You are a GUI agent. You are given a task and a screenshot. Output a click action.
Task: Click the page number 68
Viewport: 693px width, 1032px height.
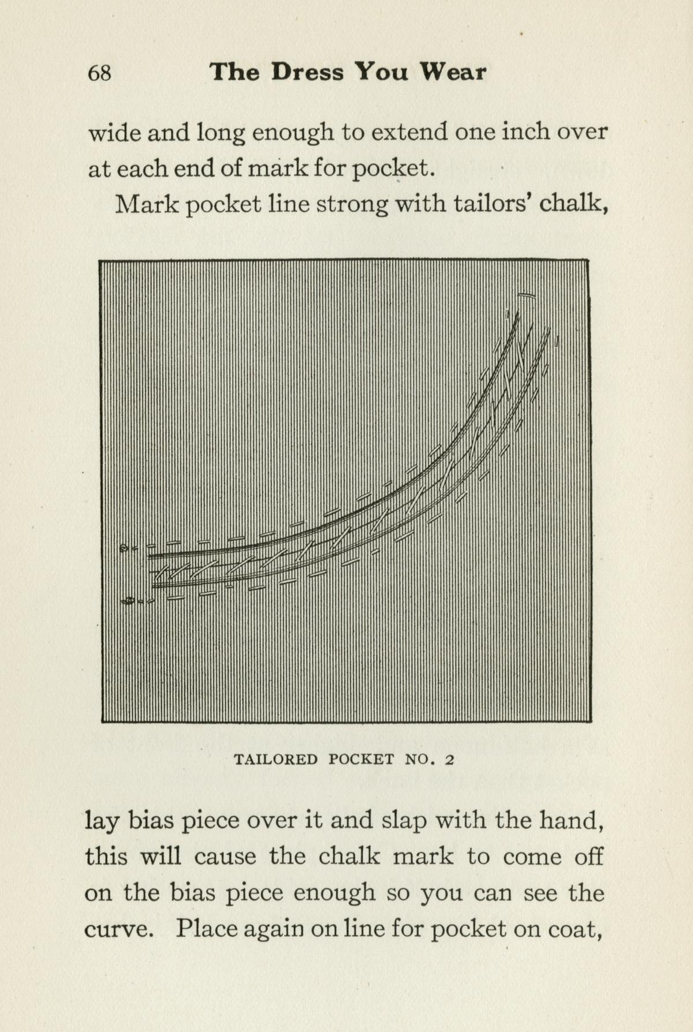[x=99, y=73]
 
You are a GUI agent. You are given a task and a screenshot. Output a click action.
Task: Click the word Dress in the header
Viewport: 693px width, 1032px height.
[x=307, y=72]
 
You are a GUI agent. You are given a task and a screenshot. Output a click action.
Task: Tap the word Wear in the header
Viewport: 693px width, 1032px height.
[x=453, y=72]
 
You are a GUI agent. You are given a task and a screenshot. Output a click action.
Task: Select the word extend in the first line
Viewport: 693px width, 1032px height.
[x=409, y=132]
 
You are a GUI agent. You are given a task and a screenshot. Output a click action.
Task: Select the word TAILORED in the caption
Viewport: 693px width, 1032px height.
[x=275, y=759]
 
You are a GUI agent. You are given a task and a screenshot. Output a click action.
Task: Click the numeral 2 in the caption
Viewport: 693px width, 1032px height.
[x=449, y=760]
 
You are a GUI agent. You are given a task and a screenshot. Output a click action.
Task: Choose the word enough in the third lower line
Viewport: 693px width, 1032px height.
[x=334, y=893]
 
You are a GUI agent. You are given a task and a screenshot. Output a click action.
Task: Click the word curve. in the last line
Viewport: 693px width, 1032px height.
[x=119, y=929]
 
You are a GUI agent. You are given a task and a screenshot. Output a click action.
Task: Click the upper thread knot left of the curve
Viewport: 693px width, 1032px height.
[x=123, y=548]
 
